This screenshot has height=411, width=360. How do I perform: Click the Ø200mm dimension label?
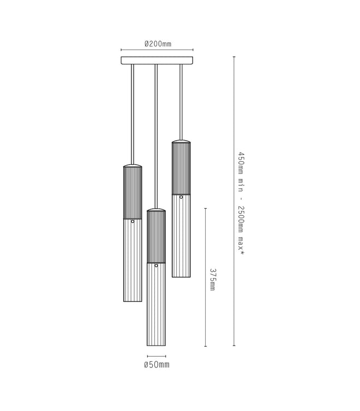pyautogui.click(x=157, y=43)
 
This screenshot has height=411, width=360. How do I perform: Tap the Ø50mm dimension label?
pyautogui.click(x=157, y=364)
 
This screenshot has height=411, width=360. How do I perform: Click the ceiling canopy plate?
pyautogui.click(x=157, y=60)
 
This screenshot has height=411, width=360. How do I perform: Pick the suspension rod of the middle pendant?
pyautogui.click(x=157, y=136)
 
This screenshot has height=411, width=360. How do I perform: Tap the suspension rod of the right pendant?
pyautogui.click(x=181, y=101)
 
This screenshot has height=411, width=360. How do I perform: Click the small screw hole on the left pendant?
pyautogui.click(x=133, y=221)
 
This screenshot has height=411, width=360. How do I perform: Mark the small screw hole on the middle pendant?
pyautogui.click(x=157, y=265)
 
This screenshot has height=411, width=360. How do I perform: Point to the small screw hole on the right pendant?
pyautogui.click(x=181, y=197)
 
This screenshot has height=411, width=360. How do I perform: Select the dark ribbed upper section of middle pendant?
pyautogui.click(x=157, y=236)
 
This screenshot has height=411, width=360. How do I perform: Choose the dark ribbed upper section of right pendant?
pyautogui.click(x=181, y=168)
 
